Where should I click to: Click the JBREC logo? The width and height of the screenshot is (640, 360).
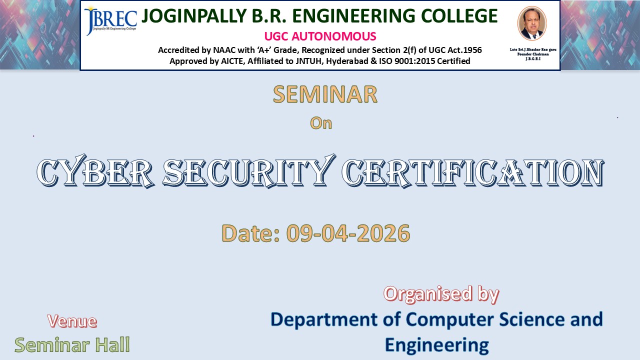click(x=110, y=21)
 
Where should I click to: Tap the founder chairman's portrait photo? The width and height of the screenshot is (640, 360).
click(x=532, y=23)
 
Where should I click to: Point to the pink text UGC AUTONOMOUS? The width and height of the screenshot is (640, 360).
click(x=320, y=36)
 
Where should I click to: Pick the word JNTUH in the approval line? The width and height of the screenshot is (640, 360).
click(x=305, y=61)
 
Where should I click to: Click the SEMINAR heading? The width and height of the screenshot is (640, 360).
click(x=325, y=94)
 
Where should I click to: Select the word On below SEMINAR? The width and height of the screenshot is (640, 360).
click(x=321, y=123)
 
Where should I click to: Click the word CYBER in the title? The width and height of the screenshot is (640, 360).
click(x=95, y=171)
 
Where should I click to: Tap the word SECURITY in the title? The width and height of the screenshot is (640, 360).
click(x=248, y=171)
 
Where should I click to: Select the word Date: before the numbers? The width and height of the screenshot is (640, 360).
click(x=250, y=233)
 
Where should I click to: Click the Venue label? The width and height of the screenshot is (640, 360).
click(x=72, y=321)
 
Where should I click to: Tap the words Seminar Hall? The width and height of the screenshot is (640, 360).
click(x=72, y=345)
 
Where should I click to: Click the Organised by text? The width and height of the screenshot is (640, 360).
click(x=441, y=294)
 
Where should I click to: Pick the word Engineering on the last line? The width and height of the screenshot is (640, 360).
click(x=437, y=345)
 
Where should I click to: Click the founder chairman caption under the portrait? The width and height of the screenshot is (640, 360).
click(x=533, y=54)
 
